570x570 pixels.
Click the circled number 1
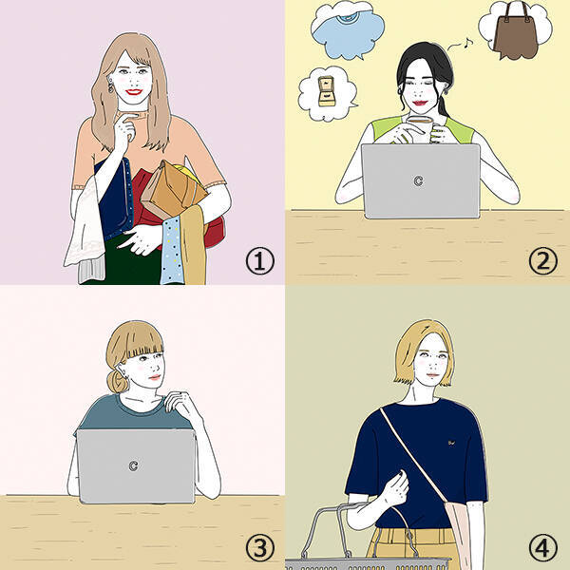tap(260, 261)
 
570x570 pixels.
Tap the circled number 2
tap(542, 261)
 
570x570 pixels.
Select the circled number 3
tap(260, 548)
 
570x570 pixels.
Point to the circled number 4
tap(542, 548)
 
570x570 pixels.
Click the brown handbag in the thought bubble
tap(516, 33)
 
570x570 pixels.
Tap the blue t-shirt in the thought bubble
tap(347, 29)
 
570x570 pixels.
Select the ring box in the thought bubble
tap(326, 91)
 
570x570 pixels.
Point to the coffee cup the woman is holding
tap(422, 128)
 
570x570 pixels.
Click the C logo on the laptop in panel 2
tap(418, 180)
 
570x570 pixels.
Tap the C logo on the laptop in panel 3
tap(133, 465)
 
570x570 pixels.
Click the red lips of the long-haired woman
tap(134, 91)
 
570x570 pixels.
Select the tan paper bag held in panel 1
tap(174, 190)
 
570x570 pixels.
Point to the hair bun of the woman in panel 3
tap(116, 380)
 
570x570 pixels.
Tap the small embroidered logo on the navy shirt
tap(451, 443)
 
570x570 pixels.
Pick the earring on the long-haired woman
tap(110, 87)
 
